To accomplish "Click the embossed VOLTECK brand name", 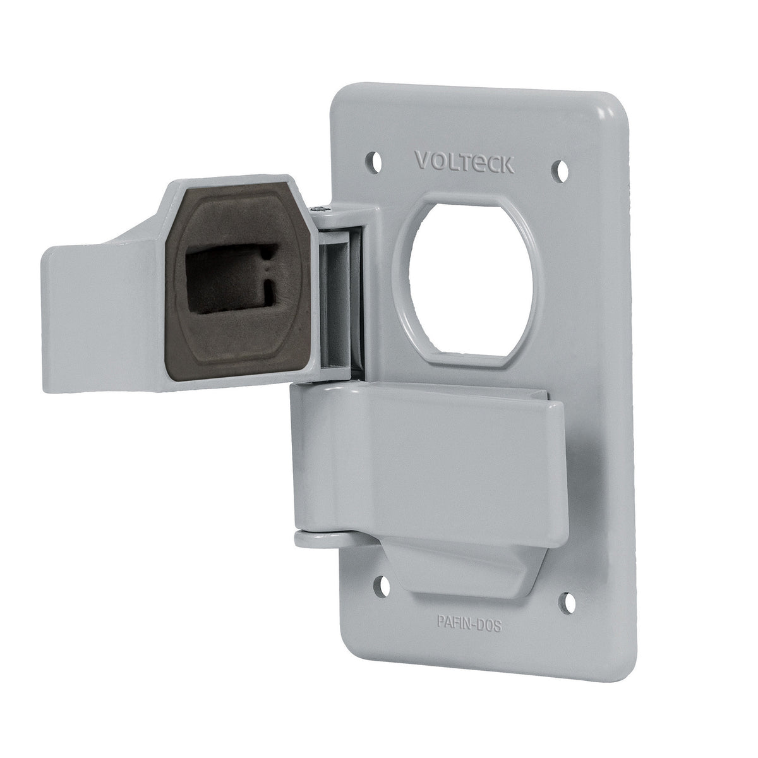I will (465, 161).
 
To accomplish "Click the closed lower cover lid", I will (430, 455).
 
